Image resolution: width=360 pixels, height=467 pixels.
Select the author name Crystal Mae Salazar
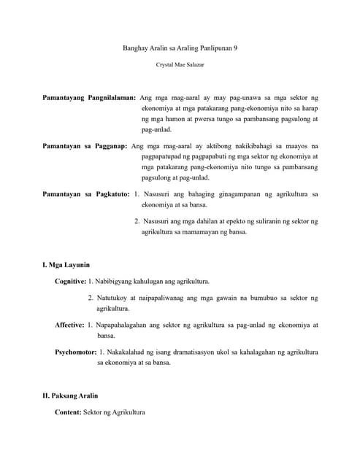point(180,65)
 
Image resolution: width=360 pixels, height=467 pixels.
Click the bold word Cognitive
point(70,281)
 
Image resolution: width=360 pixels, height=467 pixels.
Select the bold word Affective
point(69,325)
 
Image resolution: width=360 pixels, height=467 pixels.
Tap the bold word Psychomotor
point(76,352)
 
